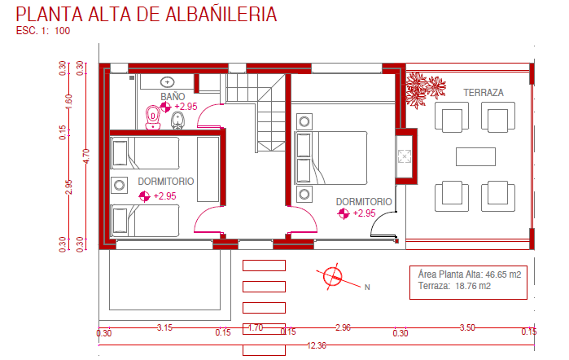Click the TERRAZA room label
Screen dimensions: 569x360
pos(484,93)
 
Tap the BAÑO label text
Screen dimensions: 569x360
pos(173,97)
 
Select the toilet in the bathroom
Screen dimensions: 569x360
pos(153,117)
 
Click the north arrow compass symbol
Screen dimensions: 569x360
pos(333,276)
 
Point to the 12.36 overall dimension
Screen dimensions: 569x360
pos(317,345)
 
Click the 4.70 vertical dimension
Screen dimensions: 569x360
pos(86,156)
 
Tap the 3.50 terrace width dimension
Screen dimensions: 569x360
pos(467,327)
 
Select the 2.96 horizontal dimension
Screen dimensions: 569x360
pos(343,327)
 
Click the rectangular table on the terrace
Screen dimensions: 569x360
pos(475,156)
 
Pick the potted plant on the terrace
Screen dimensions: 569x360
pos(425,90)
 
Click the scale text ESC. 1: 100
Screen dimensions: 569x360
pos(43,31)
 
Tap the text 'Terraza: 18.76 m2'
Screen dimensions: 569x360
pos(454,286)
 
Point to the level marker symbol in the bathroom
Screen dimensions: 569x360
pos(165,108)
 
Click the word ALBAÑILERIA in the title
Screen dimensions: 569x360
pos(221,14)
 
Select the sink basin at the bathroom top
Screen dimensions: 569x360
pos(167,82)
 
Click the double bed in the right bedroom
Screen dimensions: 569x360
pos(332,158)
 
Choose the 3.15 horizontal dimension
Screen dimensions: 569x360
pos(164,327)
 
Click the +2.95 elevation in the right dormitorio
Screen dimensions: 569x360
pos(364,213)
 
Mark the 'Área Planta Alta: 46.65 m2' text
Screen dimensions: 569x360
pos(470,274)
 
